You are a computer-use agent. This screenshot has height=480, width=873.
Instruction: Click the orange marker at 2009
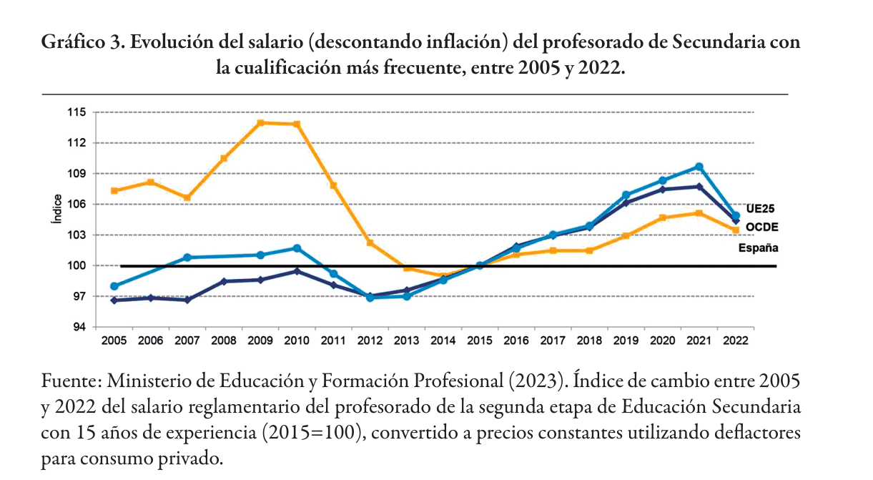click(x=260, y=123)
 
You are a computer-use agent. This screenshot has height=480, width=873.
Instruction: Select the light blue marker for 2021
click(x=699, y=167)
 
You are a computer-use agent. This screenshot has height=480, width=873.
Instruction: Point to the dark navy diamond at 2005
click(x=114, y=300)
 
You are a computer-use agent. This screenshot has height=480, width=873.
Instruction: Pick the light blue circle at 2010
click(x=297, y=248)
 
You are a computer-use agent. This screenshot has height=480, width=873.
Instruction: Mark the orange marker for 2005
click(x=114, y=191)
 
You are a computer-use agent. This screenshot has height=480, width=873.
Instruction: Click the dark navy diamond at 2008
click(x=224, y=281)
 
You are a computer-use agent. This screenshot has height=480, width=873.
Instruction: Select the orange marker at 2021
click(x=699, y=213)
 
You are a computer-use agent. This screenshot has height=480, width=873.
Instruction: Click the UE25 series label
click(x=760, y=209)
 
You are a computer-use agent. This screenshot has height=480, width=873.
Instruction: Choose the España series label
click(x=758, y=248)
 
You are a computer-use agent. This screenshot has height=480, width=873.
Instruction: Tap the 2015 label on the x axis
click(x=480, y=341)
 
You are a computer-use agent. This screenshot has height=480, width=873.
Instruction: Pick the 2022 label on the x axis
click(x=736, y=341)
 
